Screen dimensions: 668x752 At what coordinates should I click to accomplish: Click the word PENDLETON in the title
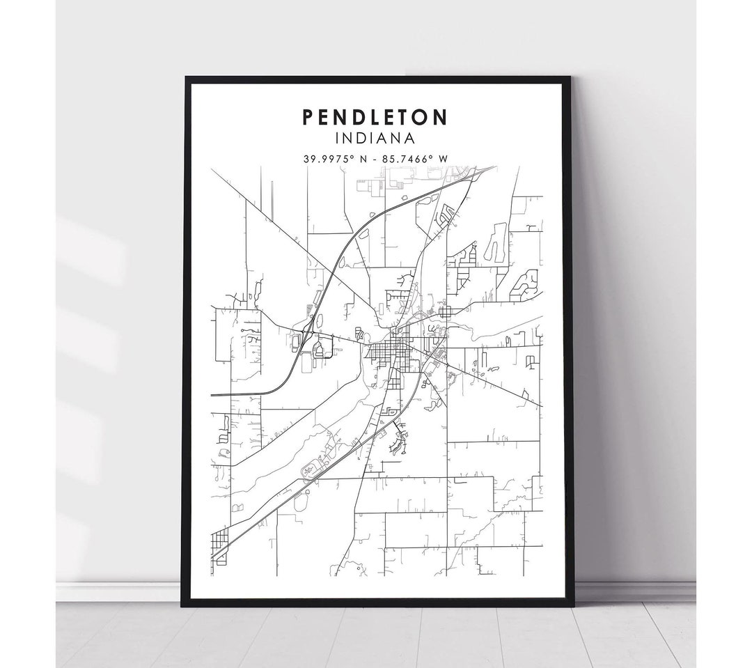point(375,117)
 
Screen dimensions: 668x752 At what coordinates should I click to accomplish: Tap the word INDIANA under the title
point(375,139)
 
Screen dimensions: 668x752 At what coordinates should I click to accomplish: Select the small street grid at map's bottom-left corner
point(219,539)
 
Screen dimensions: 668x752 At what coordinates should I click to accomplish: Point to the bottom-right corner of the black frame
point(572,603)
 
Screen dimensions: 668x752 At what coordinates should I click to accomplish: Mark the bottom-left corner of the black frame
point(183,603)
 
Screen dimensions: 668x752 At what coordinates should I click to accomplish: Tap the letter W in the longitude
point(441,158)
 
